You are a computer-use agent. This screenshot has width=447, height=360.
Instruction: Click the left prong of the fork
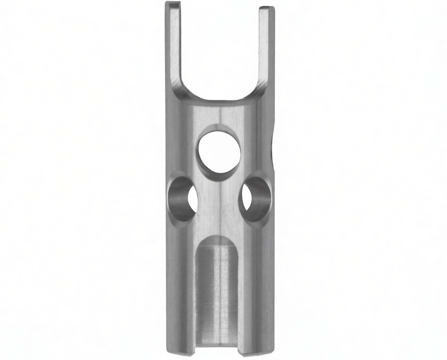tap(174, 47)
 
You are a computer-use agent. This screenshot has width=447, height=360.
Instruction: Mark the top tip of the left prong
tap(172, 3)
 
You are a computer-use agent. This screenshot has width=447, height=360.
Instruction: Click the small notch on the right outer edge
tap(273, 151)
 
